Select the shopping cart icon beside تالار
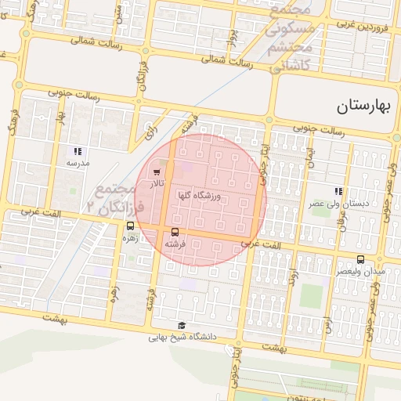157,171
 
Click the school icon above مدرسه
78,150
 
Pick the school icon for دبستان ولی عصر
338,191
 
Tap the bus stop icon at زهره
130,226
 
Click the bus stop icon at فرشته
175,232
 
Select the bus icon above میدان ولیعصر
360,259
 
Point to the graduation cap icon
182,326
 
